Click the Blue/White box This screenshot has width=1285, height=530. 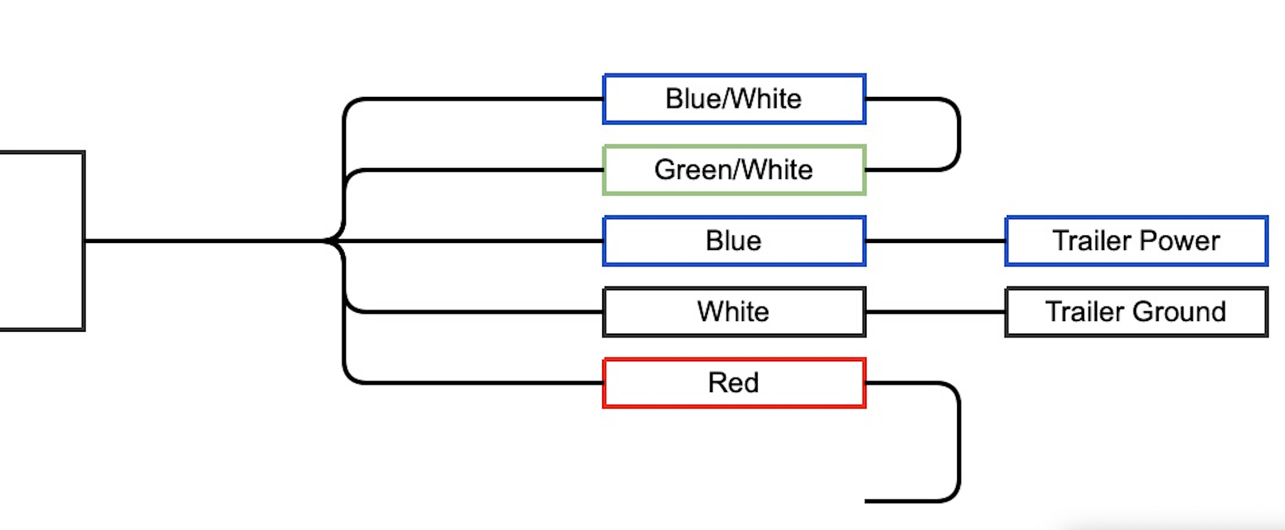click(x=734, y=99)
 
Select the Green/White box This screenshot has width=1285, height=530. click(x=734, y=170)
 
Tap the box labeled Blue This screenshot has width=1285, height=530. click(x=734, y=241)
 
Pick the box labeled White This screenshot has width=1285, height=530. click(x=734, y=312)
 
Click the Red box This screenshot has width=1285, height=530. click(x=734, y=383)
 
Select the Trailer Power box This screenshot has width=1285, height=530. click(x=1136, y=241)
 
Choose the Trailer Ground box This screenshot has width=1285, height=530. click(x=1136, y=312)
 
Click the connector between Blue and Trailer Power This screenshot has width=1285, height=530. click(x=935, y=241)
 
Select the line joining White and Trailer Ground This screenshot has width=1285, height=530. click(x=935, y=312)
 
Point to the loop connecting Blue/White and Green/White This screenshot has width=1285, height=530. click(x=958, y=134)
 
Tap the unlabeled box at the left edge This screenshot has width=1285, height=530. click(x=42, y=241)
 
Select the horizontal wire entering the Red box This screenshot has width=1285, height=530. click(x=478, y=383)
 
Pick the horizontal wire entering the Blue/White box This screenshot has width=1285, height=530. click(x=478, y=99)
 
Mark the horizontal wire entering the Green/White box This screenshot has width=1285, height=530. click(x=478, y=170)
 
